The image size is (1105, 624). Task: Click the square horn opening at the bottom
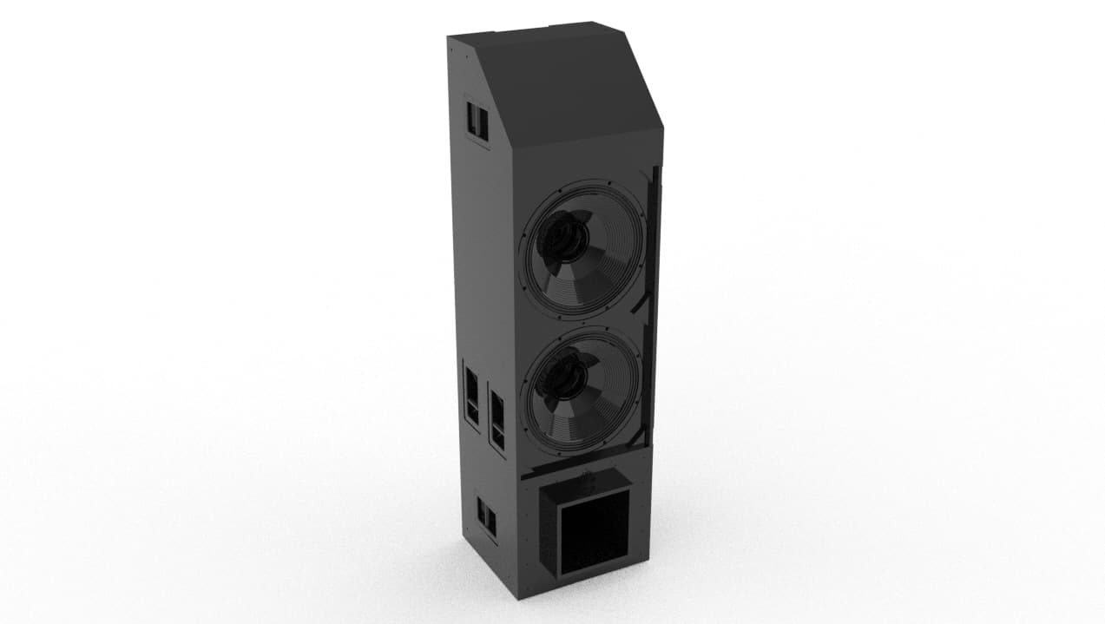[594, 530]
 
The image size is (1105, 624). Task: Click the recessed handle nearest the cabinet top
[477, 121]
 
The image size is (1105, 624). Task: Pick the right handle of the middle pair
[497, 419]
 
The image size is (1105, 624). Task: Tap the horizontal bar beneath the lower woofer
[582, 465]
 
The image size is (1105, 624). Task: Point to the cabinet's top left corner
[450, 37]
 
